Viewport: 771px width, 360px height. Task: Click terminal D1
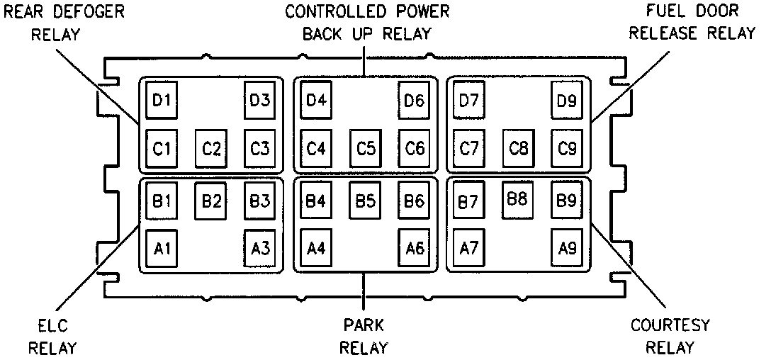point(162,100)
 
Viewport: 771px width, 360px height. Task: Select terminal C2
point(210,149)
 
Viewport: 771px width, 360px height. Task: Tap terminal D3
point(259,100)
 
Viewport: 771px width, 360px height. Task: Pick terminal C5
point(365,149)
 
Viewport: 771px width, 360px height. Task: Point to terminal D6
point(414,100)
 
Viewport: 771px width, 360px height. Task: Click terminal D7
point(468,100)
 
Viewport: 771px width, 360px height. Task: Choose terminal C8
point(519,149)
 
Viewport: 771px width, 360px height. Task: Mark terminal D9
point(566,100)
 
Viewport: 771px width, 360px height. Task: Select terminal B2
point(210,201)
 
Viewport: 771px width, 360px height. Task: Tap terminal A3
point(259,248)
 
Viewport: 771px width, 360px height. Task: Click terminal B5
point(365,201)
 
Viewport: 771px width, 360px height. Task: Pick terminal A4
point(315,248)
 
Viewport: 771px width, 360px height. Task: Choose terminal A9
point(566,248)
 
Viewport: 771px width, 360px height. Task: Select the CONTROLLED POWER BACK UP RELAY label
point(367,23)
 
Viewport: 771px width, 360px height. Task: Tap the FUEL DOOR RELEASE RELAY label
point(693,23)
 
